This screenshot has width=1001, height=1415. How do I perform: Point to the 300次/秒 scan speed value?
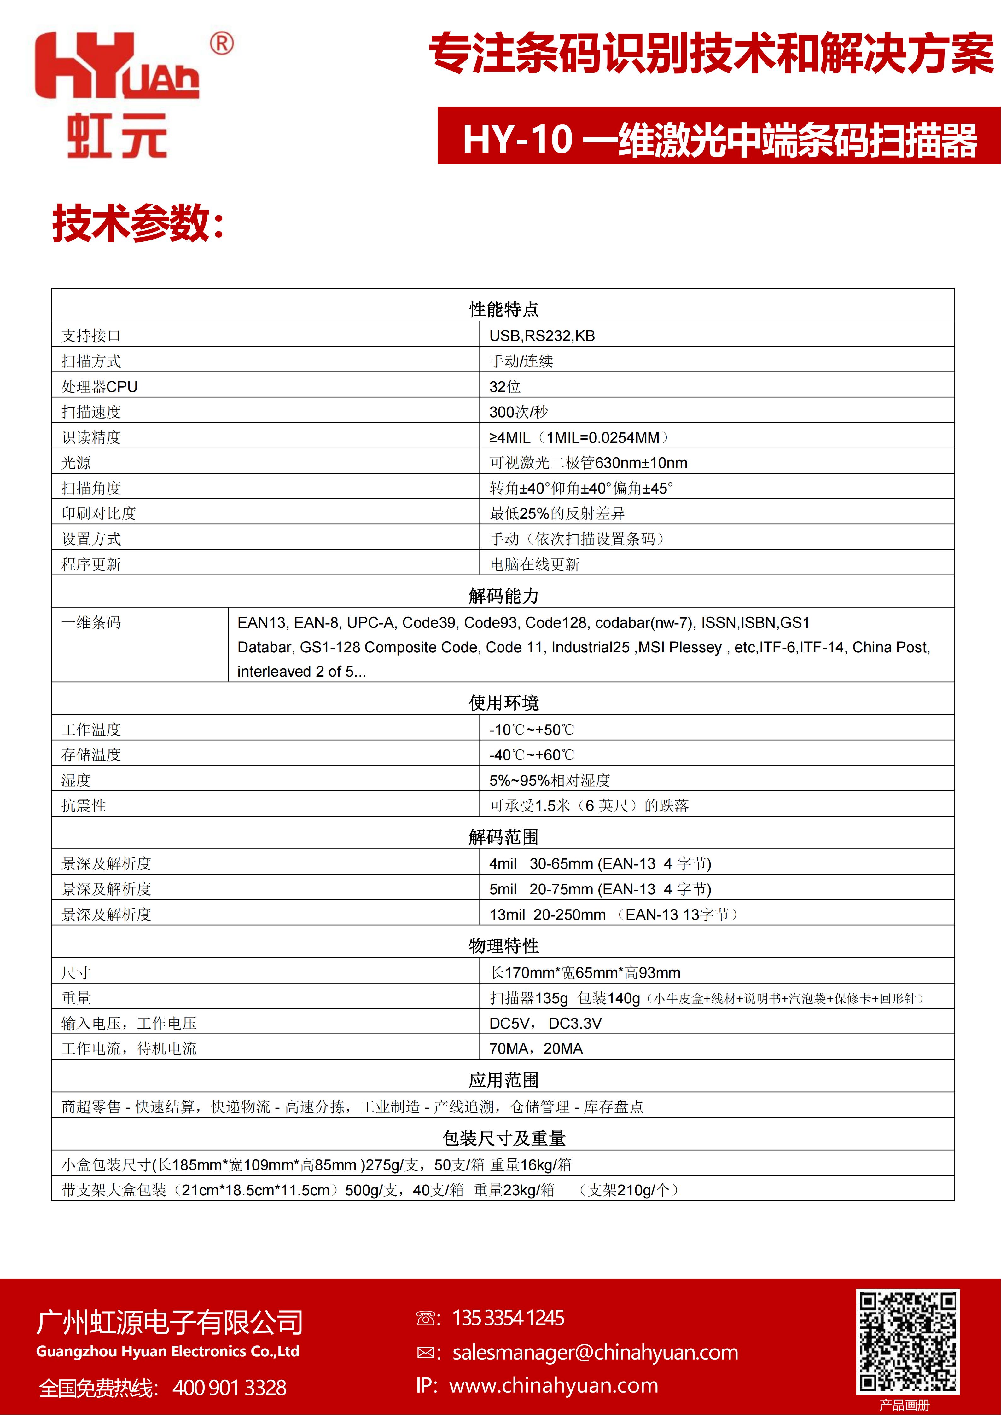pyautogui.click(x=518, y=412)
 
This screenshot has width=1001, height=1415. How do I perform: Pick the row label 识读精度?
pyautogui.click(x=91, y=437)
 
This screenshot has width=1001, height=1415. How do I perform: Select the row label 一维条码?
pyautogui.click(x=91, y=622)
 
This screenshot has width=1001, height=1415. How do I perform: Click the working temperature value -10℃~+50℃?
pyautogui.click(x=531, y=730)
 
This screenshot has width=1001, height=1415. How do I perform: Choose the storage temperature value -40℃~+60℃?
pyautogui.click(x=531, y=755)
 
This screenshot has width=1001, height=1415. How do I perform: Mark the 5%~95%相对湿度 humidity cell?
pyautogui.click(x=549, y=780)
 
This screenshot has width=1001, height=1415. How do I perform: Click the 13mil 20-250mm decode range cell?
pyautogui.click(x=613, y=915)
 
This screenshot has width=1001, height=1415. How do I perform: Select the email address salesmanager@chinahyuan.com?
pyautogui.click(x=595, y=1352)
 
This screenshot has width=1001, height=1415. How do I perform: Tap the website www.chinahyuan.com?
pyautogui.click(x=554, y=1385)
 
